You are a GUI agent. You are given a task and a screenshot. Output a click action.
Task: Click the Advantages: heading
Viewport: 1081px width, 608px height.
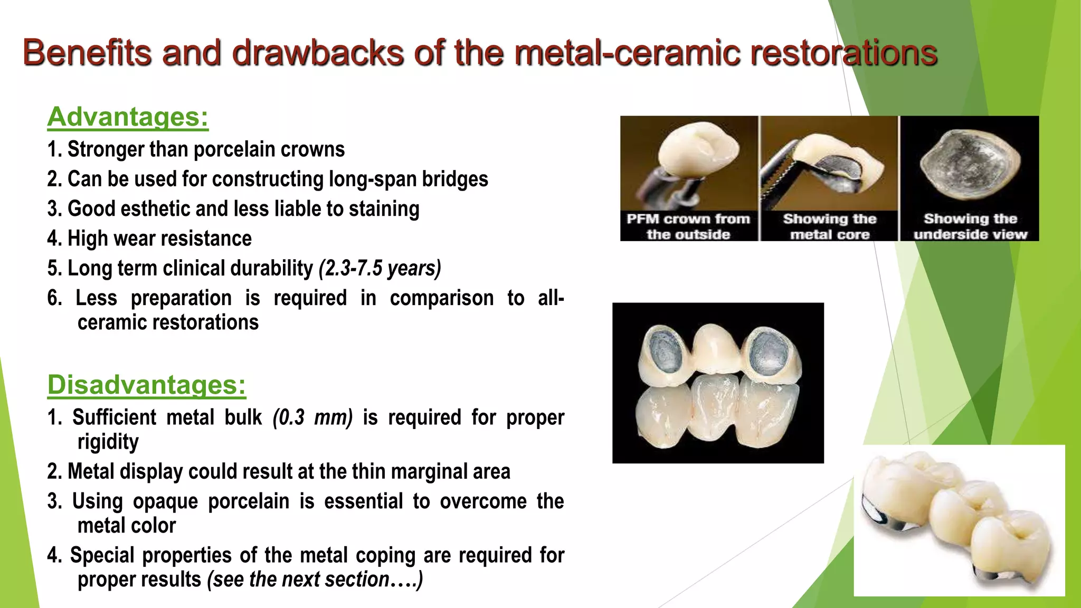[128, 117]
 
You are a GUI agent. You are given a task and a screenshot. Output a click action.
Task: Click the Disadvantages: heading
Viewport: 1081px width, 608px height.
[146, 385]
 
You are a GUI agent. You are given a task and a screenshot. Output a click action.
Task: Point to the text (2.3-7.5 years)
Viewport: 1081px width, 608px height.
[380, 268]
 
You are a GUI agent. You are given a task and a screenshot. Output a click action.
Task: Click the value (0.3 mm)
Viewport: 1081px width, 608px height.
[312, 417]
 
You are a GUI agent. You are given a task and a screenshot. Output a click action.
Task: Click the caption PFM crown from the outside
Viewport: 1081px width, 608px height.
[688, 226]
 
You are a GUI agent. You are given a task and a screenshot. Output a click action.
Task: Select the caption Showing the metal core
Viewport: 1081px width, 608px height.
[829, 226]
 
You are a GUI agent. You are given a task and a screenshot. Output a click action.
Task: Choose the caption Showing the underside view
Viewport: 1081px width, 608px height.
[970, 226]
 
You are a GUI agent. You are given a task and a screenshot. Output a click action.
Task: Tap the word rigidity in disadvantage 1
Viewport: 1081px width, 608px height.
[108, 442]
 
